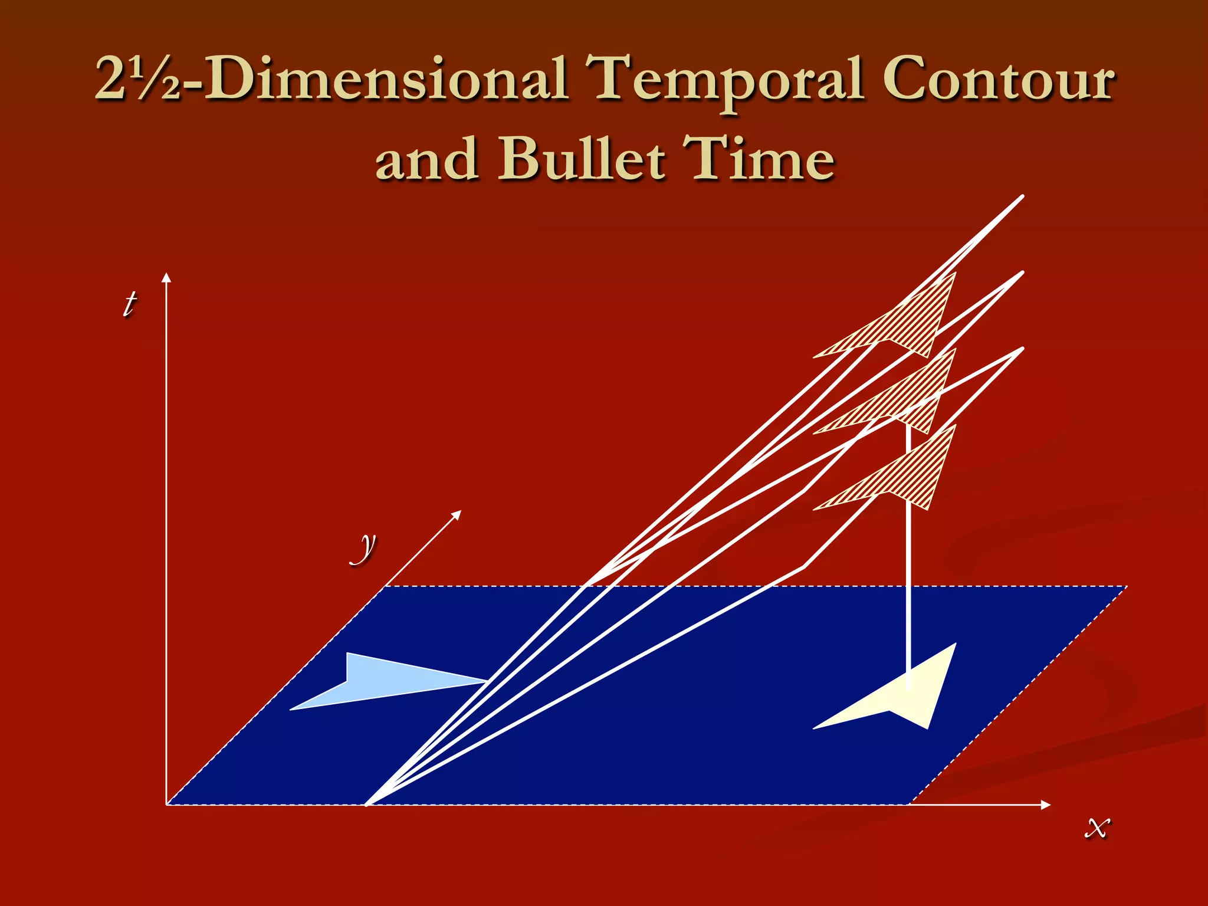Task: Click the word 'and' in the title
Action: (x=426, y=159)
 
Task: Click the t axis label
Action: (x=129, y=304)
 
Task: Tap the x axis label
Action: (x=1097, y=827)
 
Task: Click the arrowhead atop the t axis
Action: (x=167, y=277)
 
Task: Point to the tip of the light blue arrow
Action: (x=485, y=681)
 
